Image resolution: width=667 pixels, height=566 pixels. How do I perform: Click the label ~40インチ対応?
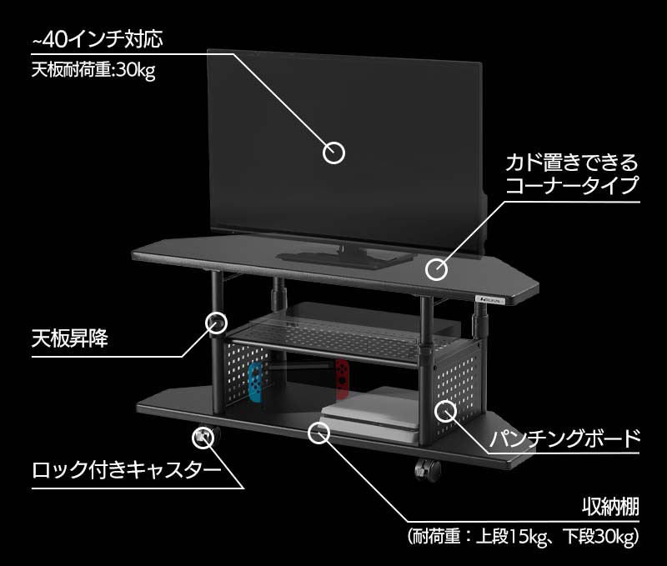pos(96,38)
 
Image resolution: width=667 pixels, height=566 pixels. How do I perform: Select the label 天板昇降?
pos(70,339)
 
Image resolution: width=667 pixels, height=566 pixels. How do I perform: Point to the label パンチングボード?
pos(565,438)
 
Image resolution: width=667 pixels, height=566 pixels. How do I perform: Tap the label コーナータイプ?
pos(572,185)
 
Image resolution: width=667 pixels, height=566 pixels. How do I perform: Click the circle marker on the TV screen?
pos(333,153)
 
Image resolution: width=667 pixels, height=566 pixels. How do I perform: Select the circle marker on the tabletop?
pos(436,269)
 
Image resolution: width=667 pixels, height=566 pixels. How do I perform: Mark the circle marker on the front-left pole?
pos(216,322)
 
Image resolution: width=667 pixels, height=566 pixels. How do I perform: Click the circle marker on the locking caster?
pos(203,435)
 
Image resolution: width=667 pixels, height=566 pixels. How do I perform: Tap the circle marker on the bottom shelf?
pos(319,432)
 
